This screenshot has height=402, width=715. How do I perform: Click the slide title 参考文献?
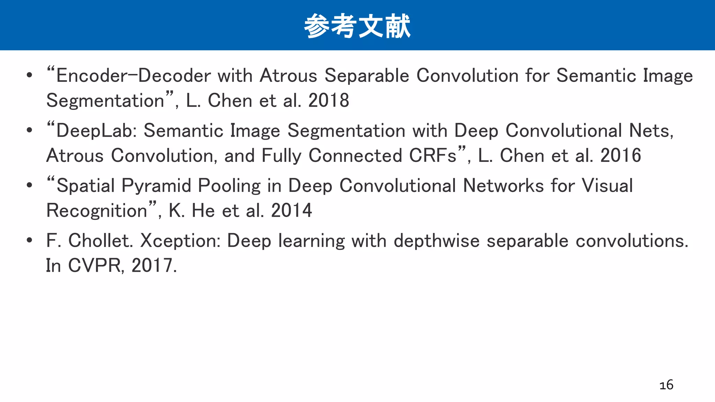coord(357,26)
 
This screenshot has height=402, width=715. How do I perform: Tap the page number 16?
coord(666,385)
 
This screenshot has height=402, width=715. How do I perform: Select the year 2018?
coord(329,101)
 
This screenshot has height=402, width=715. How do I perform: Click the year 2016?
coord(620,156)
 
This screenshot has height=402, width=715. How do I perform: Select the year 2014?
coord(291,211)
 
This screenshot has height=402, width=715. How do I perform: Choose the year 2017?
coord(154,266)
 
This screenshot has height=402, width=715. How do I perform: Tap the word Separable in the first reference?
coord(367,76)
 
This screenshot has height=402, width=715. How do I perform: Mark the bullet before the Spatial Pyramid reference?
coord(30,185)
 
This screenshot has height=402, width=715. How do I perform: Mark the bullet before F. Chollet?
coord(30,240)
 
